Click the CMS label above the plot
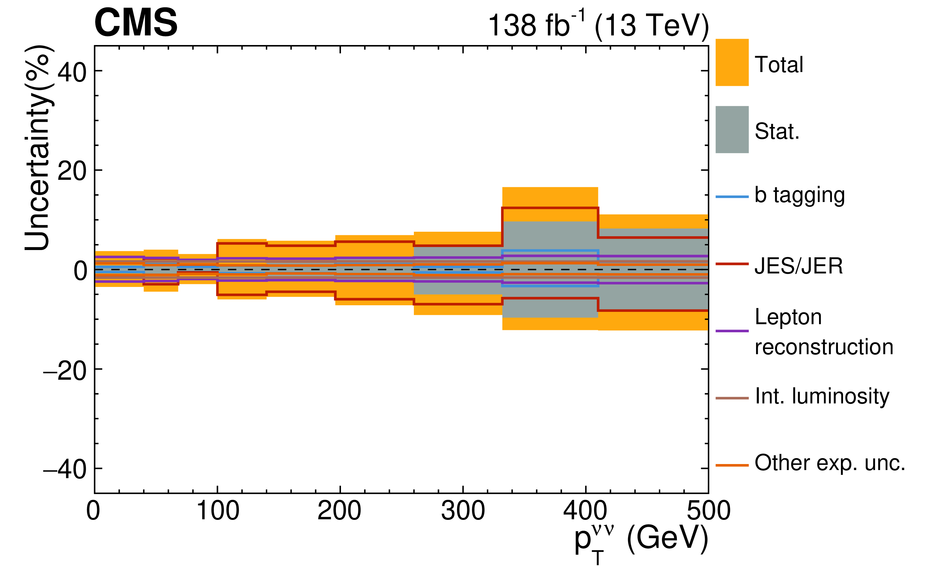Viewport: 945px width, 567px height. point(136,23)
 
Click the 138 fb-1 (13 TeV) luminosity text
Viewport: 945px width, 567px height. point(598,25)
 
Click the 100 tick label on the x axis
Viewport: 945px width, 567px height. point(217,511)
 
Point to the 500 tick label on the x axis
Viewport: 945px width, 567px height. point(708,511)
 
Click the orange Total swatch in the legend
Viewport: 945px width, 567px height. point(732,62)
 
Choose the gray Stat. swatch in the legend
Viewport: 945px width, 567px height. point(732,130)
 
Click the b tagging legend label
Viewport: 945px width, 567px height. point(800,196)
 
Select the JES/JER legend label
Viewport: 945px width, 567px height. point(798,266)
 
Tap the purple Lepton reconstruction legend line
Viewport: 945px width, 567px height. point(732,330)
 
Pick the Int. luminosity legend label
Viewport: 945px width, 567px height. point(822,396)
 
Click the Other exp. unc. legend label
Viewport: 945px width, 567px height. point(830,463)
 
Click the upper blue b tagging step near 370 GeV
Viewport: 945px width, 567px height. point(550,251)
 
